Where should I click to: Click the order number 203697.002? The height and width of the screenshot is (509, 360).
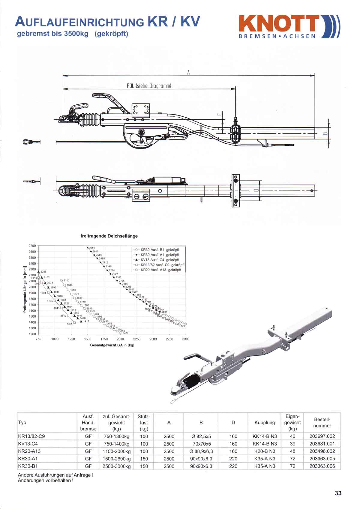pyautogui.click(x=322, y=436)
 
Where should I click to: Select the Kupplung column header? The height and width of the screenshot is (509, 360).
pyautogui.click(x=264, y=422)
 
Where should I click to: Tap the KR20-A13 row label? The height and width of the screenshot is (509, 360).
pyautogui.click(x=29, y=451)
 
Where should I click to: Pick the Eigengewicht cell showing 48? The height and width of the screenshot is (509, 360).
pyautogui.click(x=292, y=451)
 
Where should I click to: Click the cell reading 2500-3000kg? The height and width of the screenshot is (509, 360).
pyautogui.click(x=116, y=466)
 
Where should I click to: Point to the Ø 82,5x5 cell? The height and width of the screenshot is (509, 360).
pyautogui.click(x=201, y=436)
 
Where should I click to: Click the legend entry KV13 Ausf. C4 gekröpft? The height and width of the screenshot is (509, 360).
pyautogui.click(x=160, y=260)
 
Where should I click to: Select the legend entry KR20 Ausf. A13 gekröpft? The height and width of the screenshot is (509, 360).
pyautogui.click(x=161, y=270)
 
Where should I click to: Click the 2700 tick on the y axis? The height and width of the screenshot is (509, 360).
pyautogui.click(x=32, y=246)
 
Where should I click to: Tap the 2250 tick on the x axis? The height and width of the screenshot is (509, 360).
pyautogui.click(x=136, y=339)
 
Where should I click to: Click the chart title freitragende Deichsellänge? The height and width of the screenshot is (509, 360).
pyautogui.click(x=109, y=236)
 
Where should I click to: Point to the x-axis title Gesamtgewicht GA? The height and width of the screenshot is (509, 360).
pyautogui.click(x=112, y=345)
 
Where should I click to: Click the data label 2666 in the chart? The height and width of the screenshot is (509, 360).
pyautogui.click(x=92, y=248)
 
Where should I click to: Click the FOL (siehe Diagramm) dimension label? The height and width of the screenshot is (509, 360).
pyautogui.click(x=149, y=86)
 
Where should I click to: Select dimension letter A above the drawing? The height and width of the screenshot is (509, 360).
pyautogui.click(x=188, y=72)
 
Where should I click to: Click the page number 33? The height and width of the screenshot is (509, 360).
pyautogui.click(x=338, y=493)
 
